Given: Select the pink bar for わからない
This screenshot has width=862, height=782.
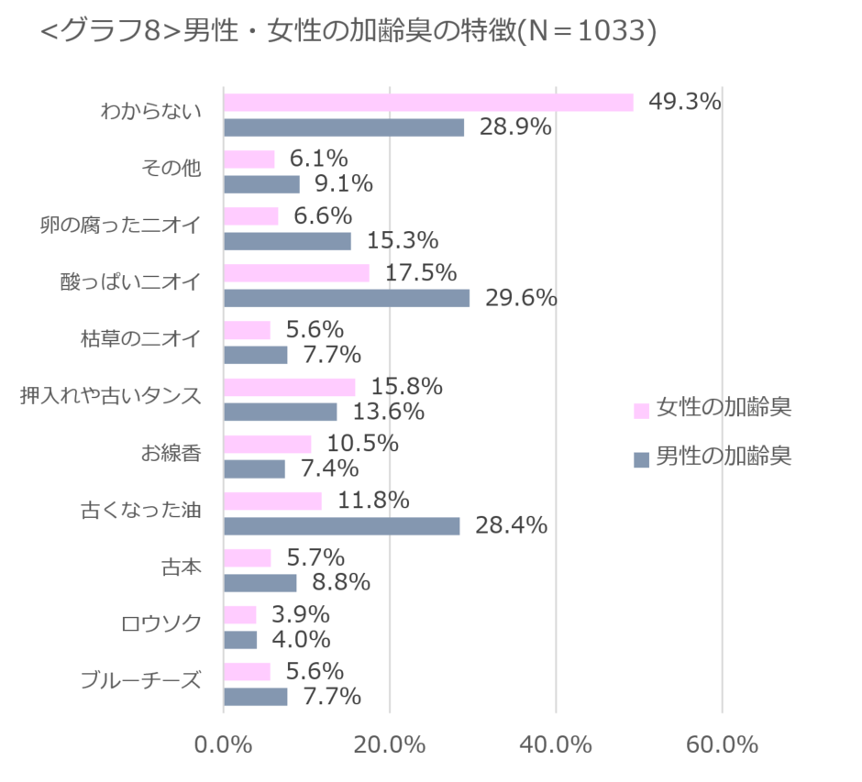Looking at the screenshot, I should click(428, 102).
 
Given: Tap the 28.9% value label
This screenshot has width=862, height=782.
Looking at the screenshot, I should click(515, 127).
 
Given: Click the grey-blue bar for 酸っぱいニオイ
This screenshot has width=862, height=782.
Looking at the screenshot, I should click(347, 298).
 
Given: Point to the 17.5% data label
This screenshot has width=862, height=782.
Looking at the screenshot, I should click(421, 272).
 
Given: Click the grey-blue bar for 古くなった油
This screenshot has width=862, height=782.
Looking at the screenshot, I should click(341, 525).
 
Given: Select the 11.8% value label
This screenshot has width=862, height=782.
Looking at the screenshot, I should click(373, 501).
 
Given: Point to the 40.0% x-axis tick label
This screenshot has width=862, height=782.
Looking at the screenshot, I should click(556, 744).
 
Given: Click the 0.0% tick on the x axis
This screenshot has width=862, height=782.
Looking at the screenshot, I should click(224, 744).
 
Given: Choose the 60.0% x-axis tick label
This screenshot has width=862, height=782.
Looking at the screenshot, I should click(722, 744).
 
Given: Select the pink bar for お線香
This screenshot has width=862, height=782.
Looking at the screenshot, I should click(268, 444).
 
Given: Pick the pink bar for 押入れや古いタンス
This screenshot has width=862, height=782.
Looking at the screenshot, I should click(290, 387).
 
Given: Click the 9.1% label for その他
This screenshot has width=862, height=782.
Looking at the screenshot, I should click(344, 184).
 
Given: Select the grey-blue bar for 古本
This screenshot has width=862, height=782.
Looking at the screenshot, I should click(260, 582).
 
